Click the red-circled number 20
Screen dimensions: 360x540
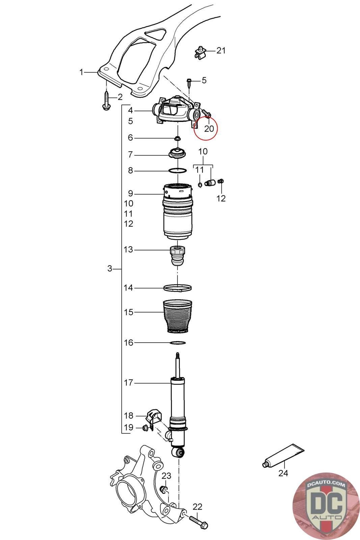pos(209,129)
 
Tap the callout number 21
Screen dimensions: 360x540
pos(221,51)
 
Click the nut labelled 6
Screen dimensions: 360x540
pos(178,139)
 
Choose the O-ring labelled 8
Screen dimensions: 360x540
pos(177,171)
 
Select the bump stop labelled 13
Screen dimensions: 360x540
pos(177,256)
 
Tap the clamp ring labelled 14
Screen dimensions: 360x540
pos(177,288)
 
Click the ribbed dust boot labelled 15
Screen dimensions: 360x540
pos(177,317)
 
